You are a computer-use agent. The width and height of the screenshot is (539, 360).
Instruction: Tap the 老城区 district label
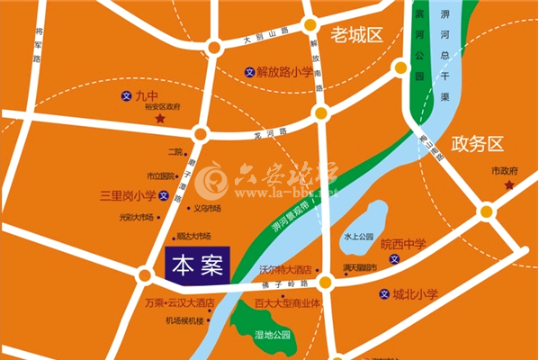pyautogui.click(x=356, y=35)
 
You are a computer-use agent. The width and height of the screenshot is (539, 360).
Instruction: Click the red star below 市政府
pyautogui.click(x=508, y=185)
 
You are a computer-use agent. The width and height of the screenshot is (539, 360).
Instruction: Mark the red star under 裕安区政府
pyautogui.click(x=159, y=119)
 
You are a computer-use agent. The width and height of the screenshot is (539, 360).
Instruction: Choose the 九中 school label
pyautogui.click(x=146, y=94)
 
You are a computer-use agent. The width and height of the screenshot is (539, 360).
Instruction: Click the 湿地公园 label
pyautogui.click(x=273, y=336)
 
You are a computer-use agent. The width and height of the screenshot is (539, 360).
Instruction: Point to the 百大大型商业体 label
pyautogui.click(x=288, y=303)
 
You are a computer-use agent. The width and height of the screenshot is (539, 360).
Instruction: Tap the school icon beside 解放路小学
pyautogui.click(x=249, y=72)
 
